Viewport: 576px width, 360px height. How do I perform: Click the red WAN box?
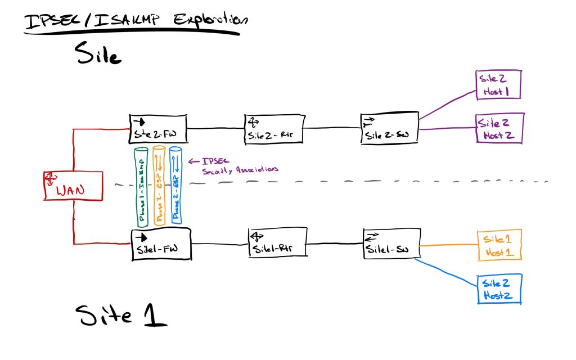point(73,186)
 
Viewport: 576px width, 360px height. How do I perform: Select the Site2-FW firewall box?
point(158,129)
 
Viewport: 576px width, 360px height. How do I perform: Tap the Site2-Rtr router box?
point(273,129)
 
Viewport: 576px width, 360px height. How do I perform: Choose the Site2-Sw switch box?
point(389,128)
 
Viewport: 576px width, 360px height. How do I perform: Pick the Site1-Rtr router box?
point(278,243)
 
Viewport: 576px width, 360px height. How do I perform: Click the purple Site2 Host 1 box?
point(498,85)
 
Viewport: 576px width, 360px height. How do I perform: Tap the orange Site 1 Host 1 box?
point(499,245)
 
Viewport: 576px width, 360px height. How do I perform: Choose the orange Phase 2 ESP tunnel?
point(159,186)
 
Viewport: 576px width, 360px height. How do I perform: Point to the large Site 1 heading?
point(121,316)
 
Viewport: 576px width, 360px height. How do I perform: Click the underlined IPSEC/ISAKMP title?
point(135,21)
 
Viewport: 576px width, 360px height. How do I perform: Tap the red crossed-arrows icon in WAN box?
point(51,178)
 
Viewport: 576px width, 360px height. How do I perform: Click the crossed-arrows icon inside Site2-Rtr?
point(254,121)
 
